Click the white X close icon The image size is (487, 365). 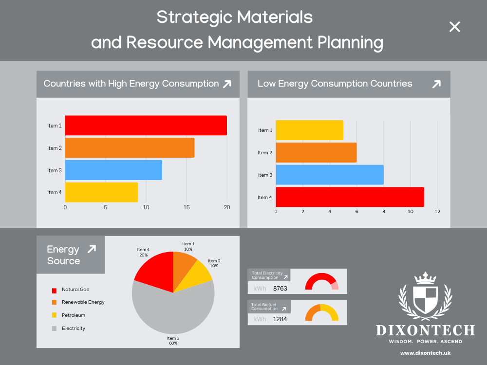pyautogui.click(x=454, y=27)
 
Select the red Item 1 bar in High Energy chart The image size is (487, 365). pyautogui.click(x=146, y=126)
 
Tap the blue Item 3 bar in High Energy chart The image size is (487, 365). pyautogui.click(x=113, y=170)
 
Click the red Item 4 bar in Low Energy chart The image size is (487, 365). pyautogui.click(x=350, y=197)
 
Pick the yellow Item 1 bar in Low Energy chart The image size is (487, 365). pyautogui.click(x=309, y=130)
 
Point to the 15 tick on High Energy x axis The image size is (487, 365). pyautogui.click(x=187, y=207)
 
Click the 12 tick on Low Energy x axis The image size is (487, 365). pyautogui.click(x=437, y=212)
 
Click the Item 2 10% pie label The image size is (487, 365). pyautogui.click(x=214, y=263)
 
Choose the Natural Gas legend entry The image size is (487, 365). pyautogui.click(x=75, y=290)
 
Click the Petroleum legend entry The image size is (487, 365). pyautogui.click(x=73, y=315)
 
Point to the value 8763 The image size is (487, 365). pyautogui.click(x=280, y=289)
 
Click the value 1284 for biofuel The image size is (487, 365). pyautogui.click(x=280, y=319)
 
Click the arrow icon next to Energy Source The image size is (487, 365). pyautogui.click(x=91, y=249)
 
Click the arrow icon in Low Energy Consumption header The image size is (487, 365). pyautogui.click(x=436, y=84)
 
